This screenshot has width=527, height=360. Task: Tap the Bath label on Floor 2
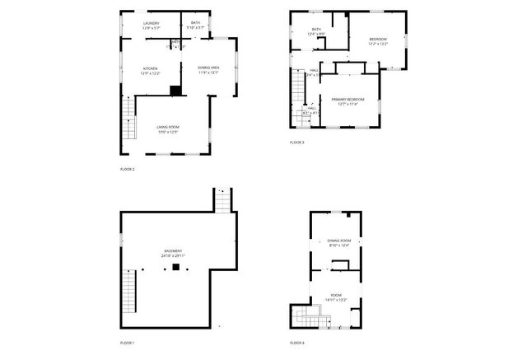point(195,26)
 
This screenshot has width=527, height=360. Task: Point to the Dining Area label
point(208,69)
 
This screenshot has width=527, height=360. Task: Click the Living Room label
point(168,129)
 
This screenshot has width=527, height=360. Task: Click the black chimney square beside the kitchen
point(175,91)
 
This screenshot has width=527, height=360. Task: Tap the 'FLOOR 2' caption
point(127,169)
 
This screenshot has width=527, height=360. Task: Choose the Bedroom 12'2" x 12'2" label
point(377,41)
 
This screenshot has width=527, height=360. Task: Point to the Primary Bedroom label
point(347,101)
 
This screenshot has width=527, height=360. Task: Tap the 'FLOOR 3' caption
point(296,143)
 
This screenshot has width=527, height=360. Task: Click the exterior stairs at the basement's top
point(223,200)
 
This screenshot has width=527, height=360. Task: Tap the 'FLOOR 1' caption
point(127,342)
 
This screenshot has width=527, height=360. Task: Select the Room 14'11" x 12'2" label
point(336,297)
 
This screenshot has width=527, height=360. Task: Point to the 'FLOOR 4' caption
point(296,342)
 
